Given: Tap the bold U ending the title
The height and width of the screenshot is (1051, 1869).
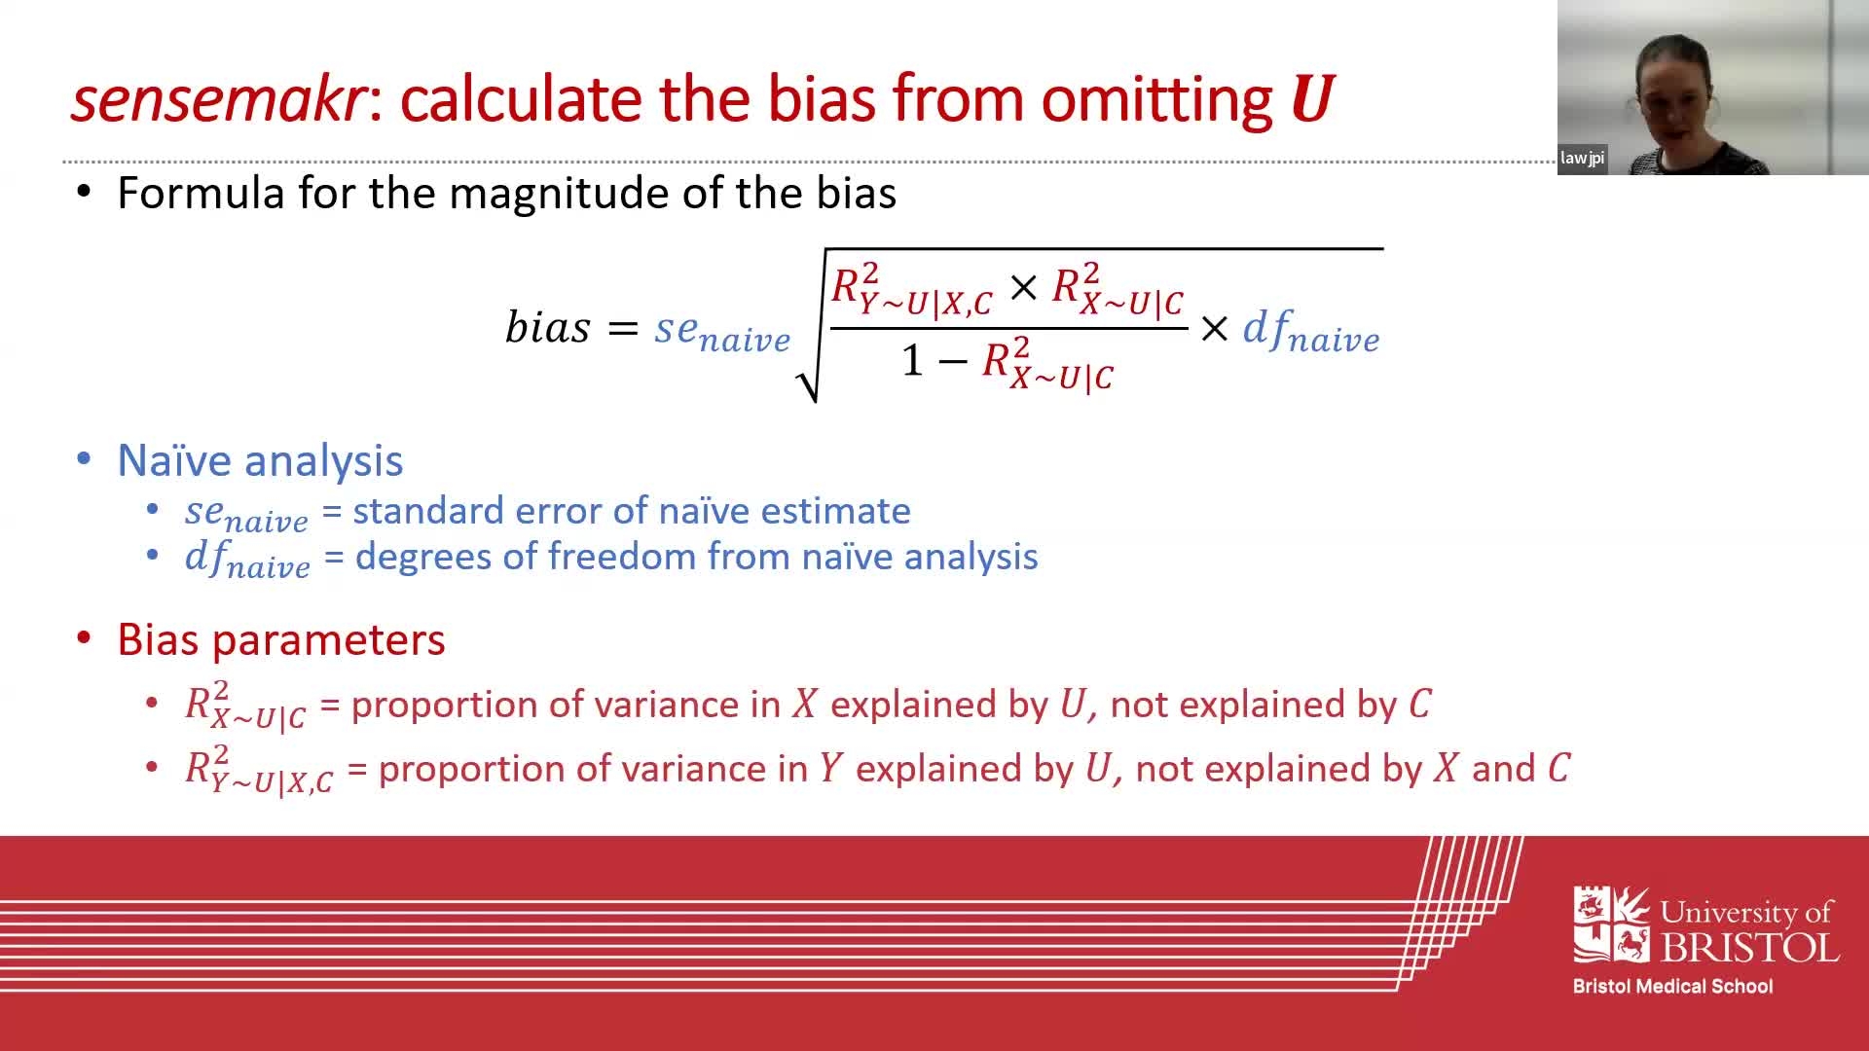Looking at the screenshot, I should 1310,99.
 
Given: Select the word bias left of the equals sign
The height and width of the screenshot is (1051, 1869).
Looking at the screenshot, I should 547,327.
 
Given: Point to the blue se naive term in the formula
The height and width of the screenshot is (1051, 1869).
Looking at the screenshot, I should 721,331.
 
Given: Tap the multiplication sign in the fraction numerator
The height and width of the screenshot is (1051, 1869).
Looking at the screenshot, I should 1022,287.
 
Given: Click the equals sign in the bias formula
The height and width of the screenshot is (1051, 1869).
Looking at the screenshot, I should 622,328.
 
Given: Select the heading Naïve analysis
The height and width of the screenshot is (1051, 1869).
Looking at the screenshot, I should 260,460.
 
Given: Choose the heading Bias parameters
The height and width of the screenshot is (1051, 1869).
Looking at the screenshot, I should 280,639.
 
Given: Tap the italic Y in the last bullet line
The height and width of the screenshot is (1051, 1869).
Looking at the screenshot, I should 829,769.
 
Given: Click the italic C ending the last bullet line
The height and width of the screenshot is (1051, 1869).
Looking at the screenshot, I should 1558,769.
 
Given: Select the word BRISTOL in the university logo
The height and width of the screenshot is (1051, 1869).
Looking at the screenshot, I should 1748,947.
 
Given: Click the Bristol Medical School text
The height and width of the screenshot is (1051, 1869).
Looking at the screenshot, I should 1672,986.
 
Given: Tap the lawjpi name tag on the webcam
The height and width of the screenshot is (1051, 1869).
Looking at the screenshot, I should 1582,158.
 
